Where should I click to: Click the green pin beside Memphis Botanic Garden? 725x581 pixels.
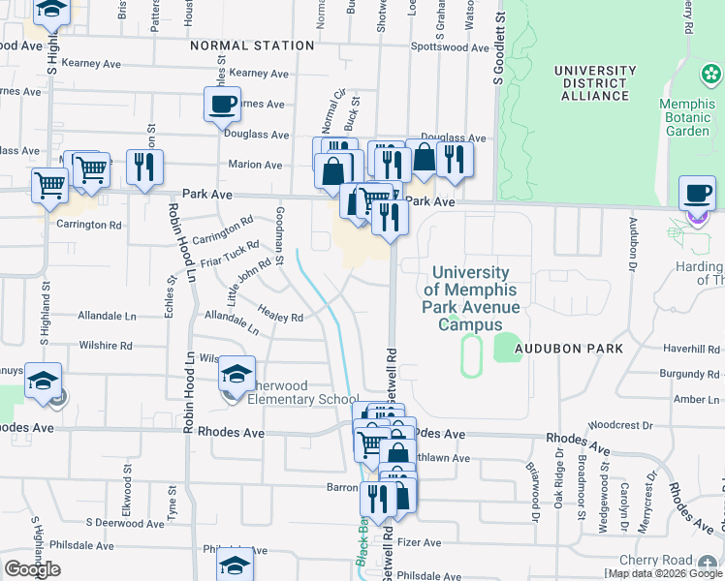(710, 75)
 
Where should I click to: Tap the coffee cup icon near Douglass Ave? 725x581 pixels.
(222, 104)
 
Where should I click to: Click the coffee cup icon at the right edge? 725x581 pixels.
(697, 193)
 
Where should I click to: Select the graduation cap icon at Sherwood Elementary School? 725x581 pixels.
(236, 374)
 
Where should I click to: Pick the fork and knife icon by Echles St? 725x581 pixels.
(144, 168)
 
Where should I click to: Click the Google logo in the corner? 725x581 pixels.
(32, 569)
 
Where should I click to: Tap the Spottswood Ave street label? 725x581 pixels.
(450, 46)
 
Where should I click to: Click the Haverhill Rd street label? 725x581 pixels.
(693, 349)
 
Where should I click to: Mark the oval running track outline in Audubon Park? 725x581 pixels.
(471, 355)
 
